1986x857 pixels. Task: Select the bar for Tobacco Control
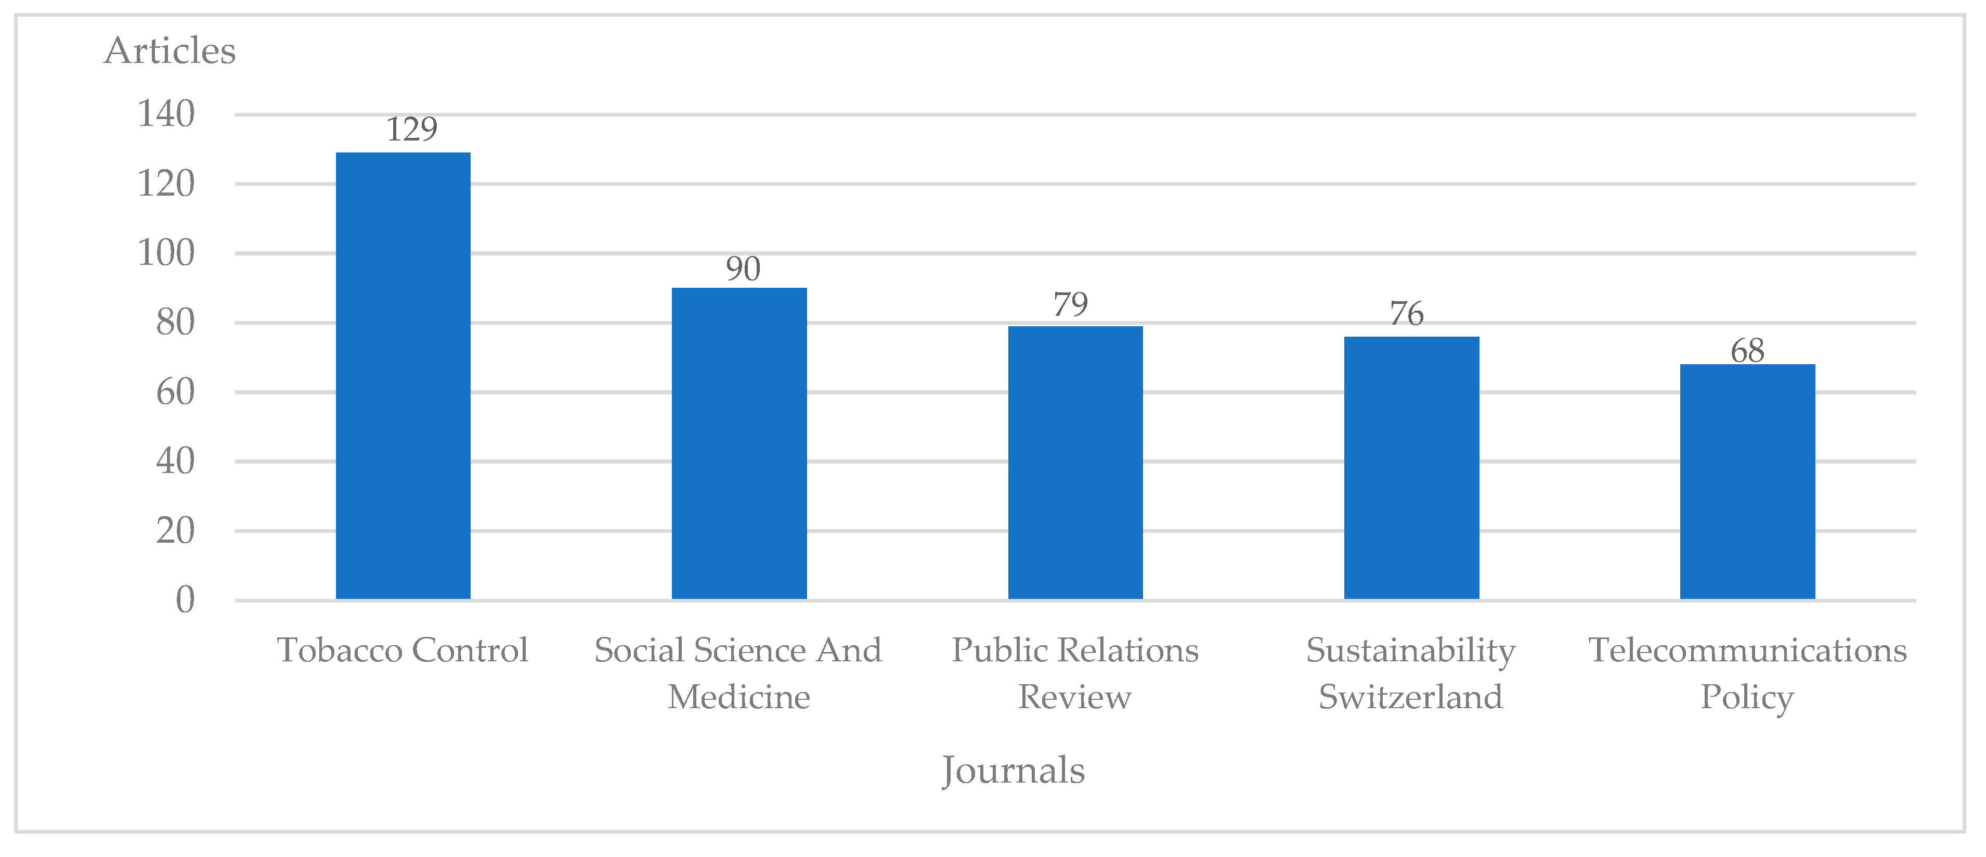coord(403,376)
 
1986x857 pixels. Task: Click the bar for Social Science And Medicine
coord(739,443)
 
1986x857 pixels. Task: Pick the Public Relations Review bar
coord(1075,463)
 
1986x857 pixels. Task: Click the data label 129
coord(412,130)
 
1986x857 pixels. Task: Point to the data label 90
coord(743,269)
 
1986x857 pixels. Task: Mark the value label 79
coord(1071,305)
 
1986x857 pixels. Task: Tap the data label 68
coord(1747,352)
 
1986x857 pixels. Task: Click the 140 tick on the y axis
coord(166,114)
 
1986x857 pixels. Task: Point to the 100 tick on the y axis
coord(166,253)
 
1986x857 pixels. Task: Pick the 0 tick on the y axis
coord(185,600)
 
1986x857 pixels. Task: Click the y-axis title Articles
coord(170,51)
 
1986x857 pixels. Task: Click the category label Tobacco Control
coord(403,650)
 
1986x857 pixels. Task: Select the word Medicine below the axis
coord(738,697)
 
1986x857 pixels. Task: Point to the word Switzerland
coord(1410,697)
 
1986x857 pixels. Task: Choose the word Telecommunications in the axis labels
coord(1747,650)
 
